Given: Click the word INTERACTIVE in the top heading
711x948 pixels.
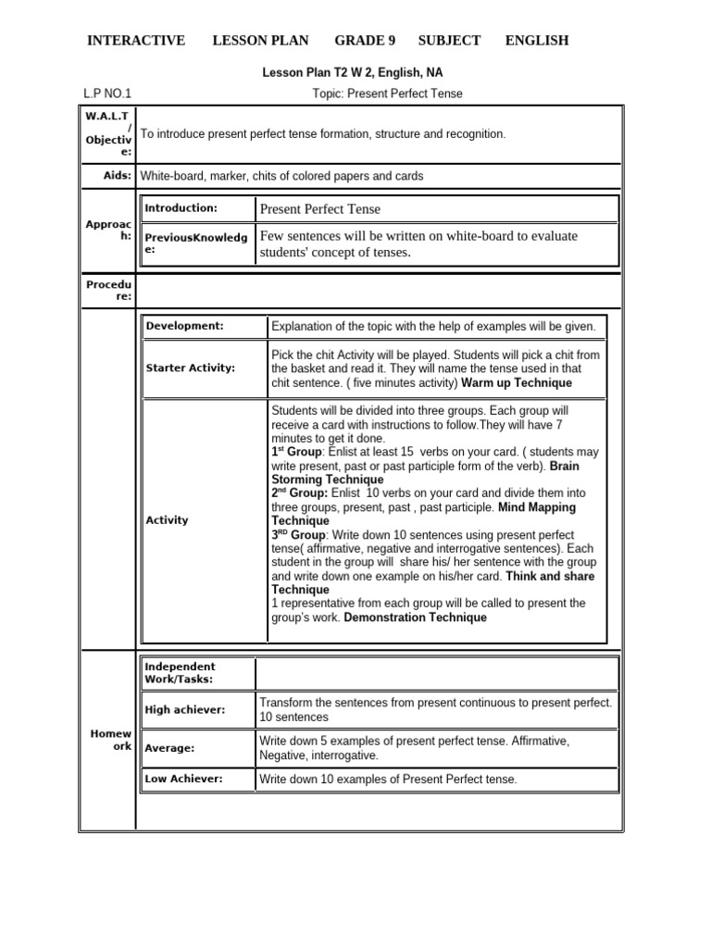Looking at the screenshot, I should point(136,41).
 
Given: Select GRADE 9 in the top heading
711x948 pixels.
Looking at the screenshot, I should point(365,41).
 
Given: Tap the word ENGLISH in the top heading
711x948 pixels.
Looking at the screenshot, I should point(537,41).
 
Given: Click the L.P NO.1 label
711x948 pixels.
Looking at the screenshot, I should point(107,94).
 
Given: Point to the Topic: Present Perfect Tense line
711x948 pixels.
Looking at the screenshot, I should point(388,94).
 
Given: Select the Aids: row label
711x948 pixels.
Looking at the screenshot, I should point(118,175).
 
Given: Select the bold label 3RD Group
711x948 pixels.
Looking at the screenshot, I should point(298,535).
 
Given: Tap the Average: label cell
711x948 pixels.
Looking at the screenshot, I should point(169,748).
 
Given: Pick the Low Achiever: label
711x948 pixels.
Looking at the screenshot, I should point(183,779).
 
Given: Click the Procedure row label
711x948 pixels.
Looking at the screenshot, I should point(110,291).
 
